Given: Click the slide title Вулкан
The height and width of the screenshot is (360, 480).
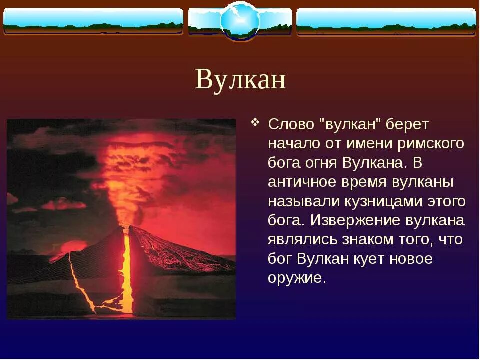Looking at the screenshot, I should pyautogui.click(x=240, y=79).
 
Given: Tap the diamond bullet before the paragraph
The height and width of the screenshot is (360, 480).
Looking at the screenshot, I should pyautogui.click(x=255, y=122).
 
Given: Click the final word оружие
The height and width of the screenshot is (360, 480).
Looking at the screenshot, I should pyautogui.click(x=296, y=278).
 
